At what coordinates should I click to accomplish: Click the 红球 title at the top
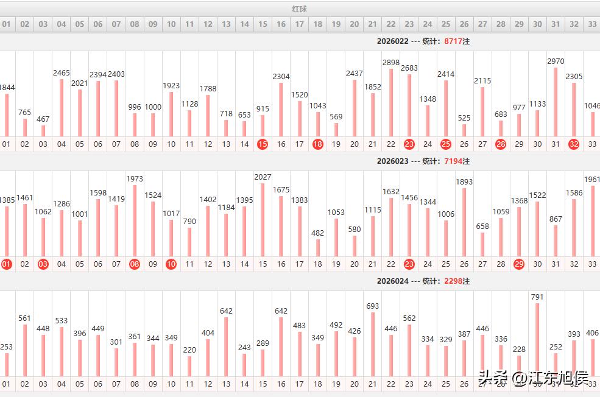click(299, 9)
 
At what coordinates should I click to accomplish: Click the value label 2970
click(556, 61)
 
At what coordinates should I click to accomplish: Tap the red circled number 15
click(263, 144)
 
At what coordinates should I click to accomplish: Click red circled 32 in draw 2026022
click(574, 144)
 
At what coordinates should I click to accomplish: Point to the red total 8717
click(454, 41)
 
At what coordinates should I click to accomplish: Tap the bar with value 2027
click(263, 220)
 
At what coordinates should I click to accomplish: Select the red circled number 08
click(135, 264)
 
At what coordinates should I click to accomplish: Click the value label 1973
click(135, 178)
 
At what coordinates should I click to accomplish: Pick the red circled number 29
click(519, 264)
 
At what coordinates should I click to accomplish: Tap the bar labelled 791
click(537, 340)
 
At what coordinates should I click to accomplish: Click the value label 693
click(373, 306)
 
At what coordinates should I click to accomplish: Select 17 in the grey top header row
click(299, 24)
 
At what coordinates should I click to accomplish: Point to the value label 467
click(43, 119)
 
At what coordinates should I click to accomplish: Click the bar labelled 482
click(317, 248)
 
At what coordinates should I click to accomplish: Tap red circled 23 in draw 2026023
click(409, 264)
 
